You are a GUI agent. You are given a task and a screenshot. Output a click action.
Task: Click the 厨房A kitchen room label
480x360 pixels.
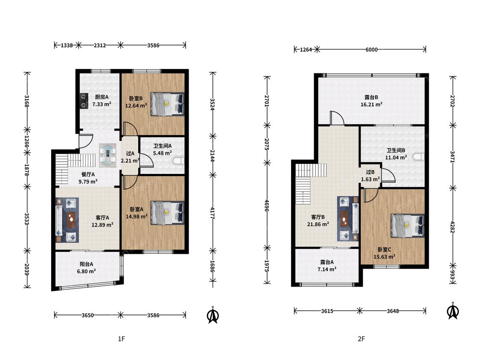coord(102,97)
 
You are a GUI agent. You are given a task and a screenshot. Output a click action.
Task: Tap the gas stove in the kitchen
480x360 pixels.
coord(84,101)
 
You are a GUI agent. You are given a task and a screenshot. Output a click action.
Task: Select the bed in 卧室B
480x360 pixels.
coord(167,104)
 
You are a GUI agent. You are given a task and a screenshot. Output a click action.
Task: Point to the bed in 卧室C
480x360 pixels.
coord(408,226)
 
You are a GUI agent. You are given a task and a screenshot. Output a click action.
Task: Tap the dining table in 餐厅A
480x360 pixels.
coord(108,155)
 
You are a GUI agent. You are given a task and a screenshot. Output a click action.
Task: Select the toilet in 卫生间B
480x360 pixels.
coord(419,157)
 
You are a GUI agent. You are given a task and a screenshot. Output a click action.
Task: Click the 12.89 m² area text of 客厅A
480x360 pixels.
coord(102,225)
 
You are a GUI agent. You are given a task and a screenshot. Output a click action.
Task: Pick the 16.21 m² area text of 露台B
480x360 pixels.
coord(371,105)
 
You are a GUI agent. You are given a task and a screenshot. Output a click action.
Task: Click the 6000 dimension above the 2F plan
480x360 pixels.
coord(371,49)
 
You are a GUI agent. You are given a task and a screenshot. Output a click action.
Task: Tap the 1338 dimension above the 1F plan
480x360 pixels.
coord(67,46)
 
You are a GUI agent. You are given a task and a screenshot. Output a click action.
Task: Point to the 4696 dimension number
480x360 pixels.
coord(267,206)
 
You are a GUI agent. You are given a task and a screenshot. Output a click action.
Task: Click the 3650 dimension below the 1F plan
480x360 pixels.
coord(87,315)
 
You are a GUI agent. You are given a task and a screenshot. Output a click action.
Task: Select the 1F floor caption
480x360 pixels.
coord(122,339)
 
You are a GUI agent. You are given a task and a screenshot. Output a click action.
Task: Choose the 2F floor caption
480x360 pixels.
coord(361,339)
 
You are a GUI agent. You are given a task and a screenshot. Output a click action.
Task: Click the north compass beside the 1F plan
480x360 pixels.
coord(213,315)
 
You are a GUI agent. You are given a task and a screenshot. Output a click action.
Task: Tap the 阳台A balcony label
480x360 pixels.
coord(86,264)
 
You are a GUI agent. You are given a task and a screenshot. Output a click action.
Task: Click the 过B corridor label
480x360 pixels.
coord(370,172)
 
